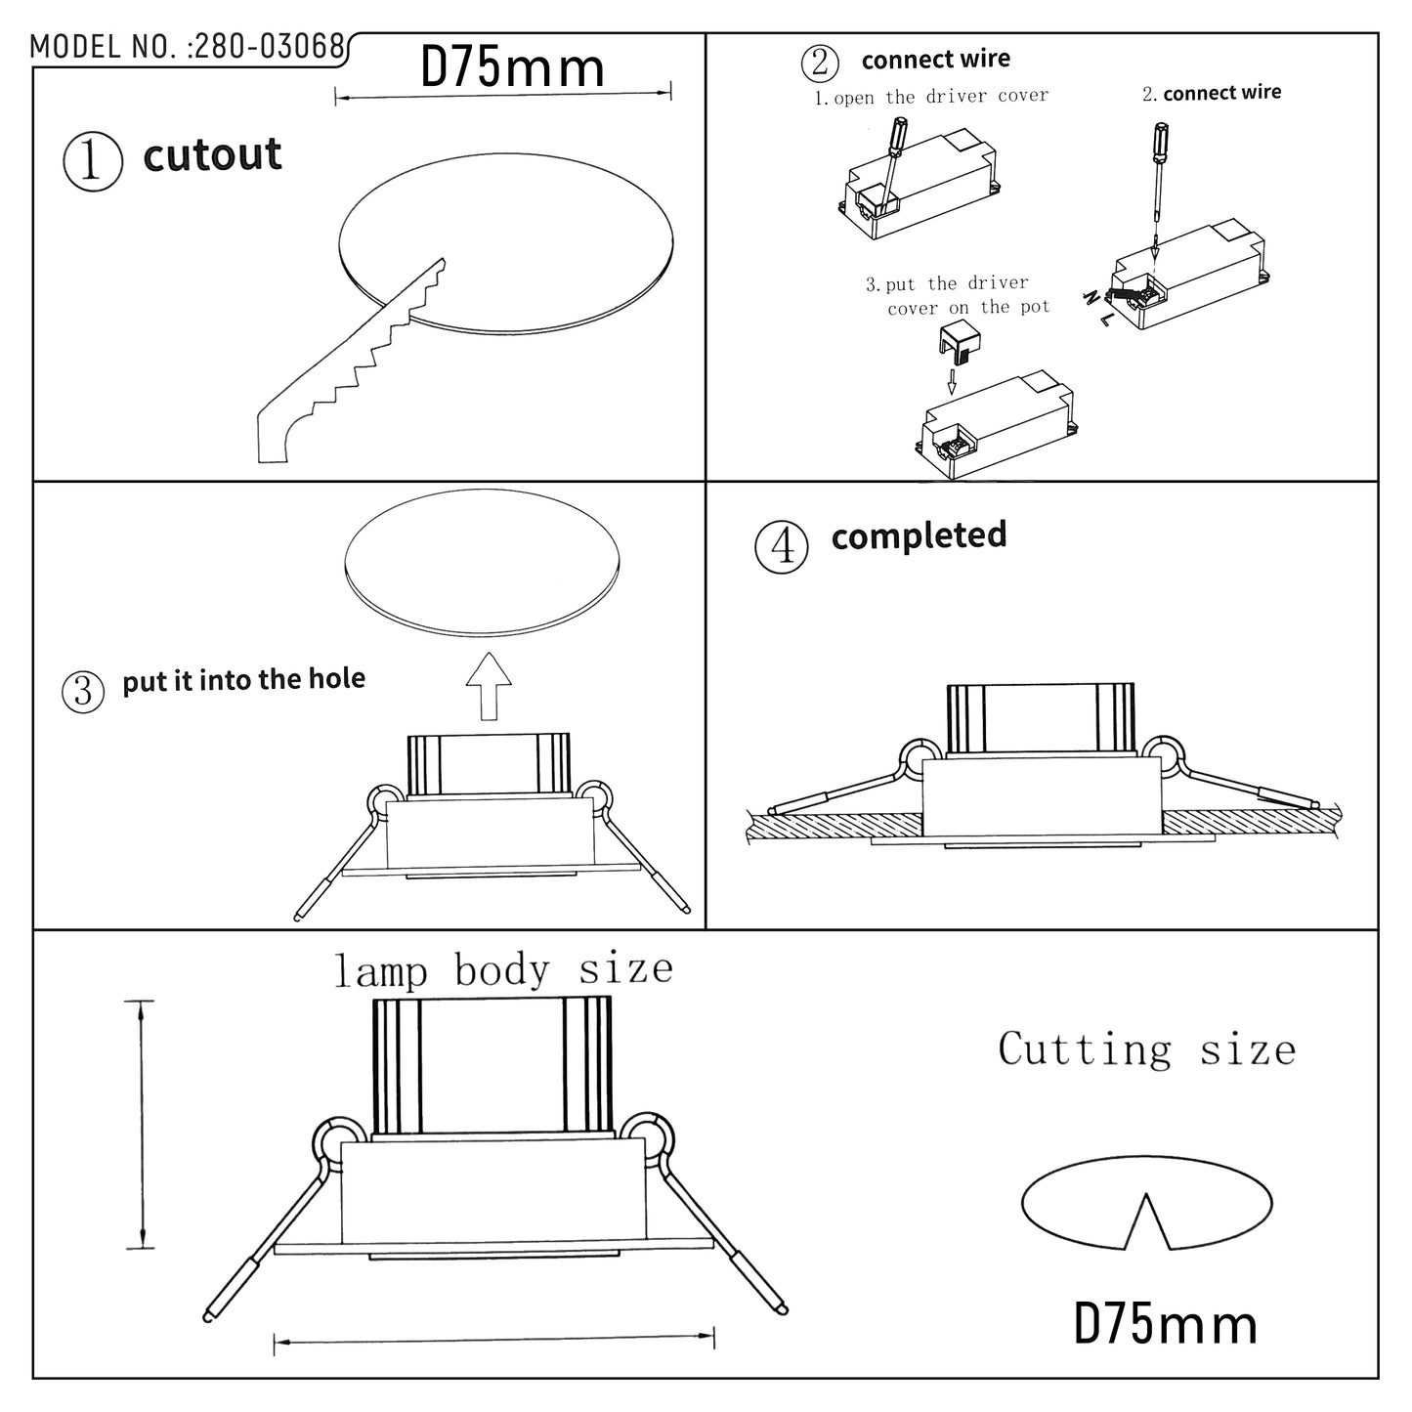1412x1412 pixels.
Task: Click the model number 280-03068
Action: pos(269,47)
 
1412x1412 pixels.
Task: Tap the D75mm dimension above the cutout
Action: pos(512,68)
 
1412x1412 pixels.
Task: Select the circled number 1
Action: pos(92,161)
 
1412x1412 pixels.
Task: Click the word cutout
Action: pos(212,155)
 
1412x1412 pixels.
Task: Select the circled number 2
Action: pos(819,63)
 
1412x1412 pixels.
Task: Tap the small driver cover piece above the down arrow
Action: pos(960,343)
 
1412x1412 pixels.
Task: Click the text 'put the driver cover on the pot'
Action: pos(958,295)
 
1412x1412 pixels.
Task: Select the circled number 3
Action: pos(82,691)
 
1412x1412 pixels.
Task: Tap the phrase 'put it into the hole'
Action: pos(243,679)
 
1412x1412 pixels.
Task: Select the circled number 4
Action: pos(782,546)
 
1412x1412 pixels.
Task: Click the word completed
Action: pos(919,535)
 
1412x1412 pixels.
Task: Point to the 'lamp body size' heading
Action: pos(503,969)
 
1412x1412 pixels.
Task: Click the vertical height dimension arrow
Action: pos(143,1124)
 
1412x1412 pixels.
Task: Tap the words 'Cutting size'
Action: pos(1146,1049)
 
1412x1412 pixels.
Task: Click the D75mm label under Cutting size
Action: pos(1165,1324)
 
